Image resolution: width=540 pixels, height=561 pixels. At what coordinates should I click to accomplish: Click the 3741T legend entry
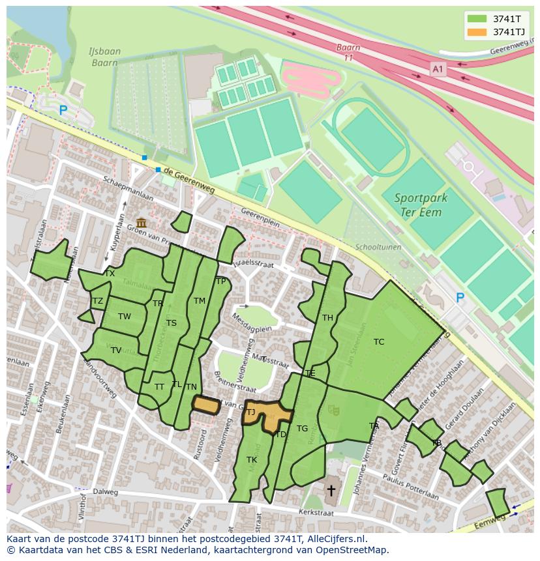(x=496, y=18)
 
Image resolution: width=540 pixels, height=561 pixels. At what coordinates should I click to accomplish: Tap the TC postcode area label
(x=379, y=341)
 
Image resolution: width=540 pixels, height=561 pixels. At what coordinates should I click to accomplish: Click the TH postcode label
(x=327, y=318)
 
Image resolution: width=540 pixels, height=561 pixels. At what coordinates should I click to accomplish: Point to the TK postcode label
(x=252, y=460)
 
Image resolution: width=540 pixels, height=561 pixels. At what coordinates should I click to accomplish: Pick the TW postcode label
(x=124, y=317)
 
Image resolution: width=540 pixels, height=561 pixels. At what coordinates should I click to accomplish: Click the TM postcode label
(x=200, y=300)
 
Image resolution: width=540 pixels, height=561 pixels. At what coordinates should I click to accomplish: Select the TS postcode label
(x=172, y=323)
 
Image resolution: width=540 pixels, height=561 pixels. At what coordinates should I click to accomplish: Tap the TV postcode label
(x=115, y=351)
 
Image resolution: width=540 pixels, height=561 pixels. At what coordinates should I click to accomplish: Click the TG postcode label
(x=302, y=429)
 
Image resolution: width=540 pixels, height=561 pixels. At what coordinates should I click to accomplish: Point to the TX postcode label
(x=110, y=274)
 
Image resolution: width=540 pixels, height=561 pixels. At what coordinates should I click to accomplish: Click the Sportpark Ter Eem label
(x=418, y=205)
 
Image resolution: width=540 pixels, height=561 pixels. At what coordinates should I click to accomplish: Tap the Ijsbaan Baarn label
(x=103, y=57)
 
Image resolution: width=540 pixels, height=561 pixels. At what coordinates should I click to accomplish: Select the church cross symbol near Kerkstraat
(x=331, y=489)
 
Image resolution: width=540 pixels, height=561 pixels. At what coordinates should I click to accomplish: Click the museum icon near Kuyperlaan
(x=142, y=223)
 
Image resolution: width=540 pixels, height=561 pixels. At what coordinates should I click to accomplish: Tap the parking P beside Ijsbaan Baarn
(x=63, y=111)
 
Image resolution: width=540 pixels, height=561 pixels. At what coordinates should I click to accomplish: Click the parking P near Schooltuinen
(x=460, y=298)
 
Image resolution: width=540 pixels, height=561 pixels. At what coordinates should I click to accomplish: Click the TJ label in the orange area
(x=250, y=412)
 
